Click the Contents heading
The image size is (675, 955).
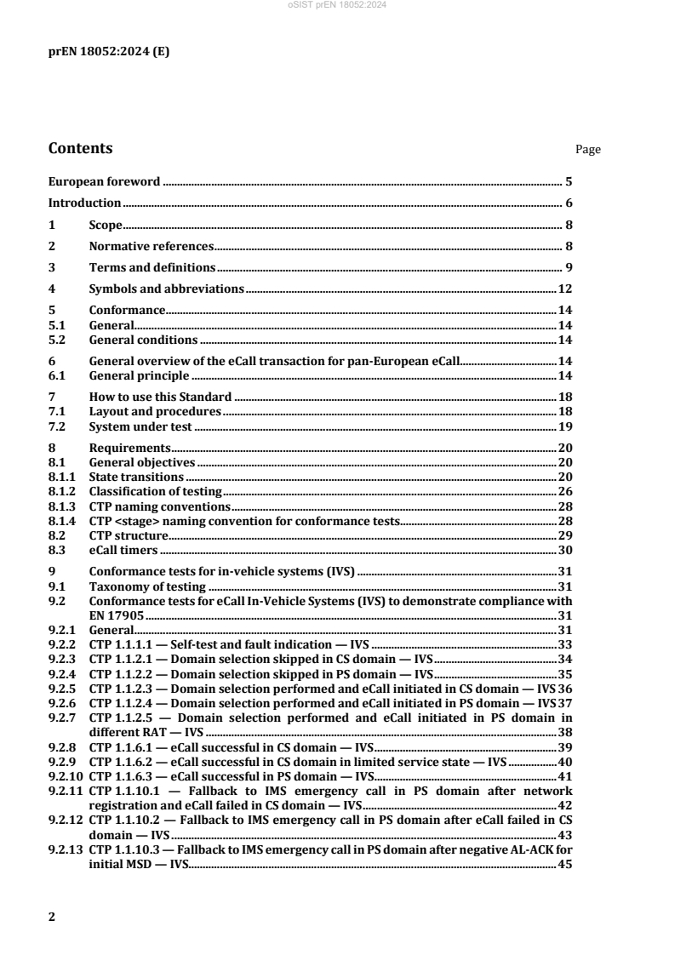click(x=80, y=148)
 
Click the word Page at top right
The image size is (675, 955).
click(x=588, y=150)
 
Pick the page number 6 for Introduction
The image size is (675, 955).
click(x=569, y=203)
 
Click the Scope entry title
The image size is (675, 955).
click(x=106, y=225)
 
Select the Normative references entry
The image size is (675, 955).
click(x=151, y=247)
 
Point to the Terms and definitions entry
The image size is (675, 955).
click(x=152, y=268)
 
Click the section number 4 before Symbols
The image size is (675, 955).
click(x=52, y=289)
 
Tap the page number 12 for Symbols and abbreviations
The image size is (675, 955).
click(x=564, y=289)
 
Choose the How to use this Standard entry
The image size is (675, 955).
click(x=161, y=397)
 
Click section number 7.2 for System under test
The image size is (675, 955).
click(x=57, y=426)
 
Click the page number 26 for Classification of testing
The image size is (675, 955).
click(x=564, y=491)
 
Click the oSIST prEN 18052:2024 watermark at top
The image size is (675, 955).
click(x=337, y=5)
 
